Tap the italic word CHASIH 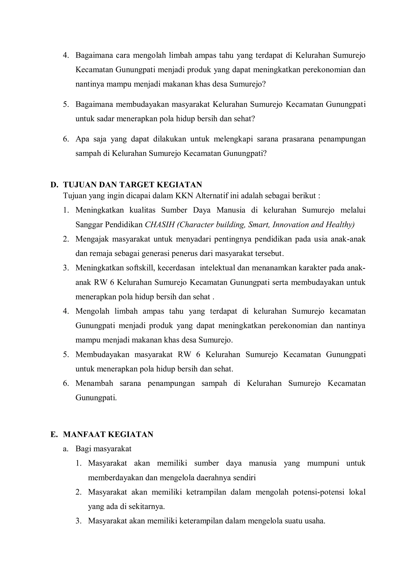(160, 225)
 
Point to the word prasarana (297, 139)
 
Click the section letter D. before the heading (54, 185)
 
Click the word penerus (184, 254)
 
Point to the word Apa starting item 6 (82, 139)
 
